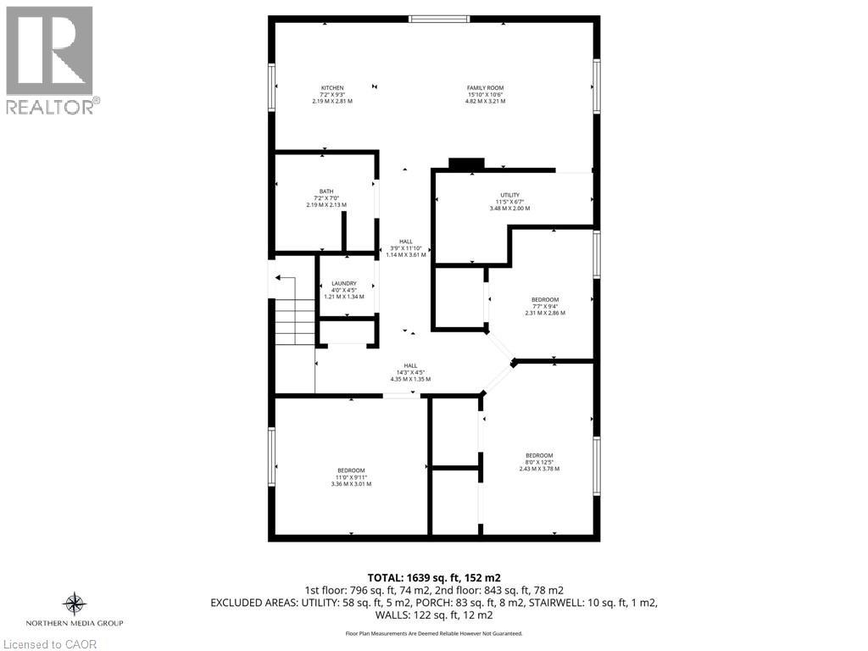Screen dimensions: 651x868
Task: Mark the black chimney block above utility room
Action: click(465, 164)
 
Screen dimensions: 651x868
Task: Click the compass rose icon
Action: click(75, 604)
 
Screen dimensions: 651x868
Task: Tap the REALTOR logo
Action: click(50, 60)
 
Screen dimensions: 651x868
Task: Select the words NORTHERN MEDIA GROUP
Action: click(75, 624)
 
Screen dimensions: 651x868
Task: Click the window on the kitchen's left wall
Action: click(272, 87)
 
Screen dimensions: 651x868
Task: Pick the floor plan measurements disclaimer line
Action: click(434, 633)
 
